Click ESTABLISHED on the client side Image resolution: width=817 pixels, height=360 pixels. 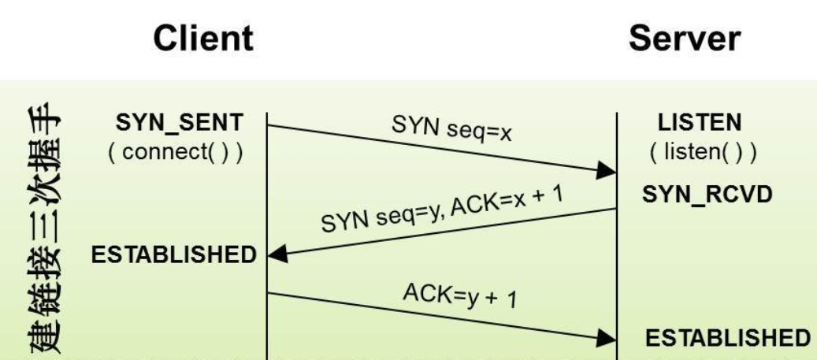click(175, 254)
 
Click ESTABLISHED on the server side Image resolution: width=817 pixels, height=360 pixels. click(727, 337)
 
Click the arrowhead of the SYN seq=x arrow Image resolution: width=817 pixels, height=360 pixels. click(606, 170)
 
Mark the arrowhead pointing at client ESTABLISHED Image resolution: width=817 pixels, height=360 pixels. click(277, 254)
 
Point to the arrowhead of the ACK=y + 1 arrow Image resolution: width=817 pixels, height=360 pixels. click(606, 338)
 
